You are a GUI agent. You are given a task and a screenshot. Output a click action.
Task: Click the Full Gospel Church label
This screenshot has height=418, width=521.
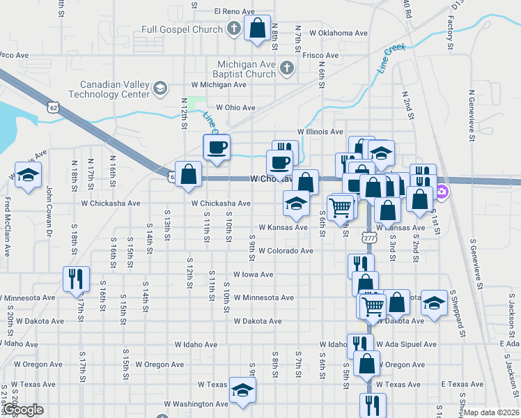pos(181,29)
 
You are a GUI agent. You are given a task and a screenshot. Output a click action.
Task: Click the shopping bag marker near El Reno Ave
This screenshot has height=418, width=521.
pos(257,29)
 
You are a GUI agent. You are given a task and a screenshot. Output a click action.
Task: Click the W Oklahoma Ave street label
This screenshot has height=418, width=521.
pos(339,33)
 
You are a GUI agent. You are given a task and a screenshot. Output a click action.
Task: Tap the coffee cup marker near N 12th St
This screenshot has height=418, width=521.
pos(216,147)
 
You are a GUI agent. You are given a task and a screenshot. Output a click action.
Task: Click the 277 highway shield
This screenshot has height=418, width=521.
pos(369,238)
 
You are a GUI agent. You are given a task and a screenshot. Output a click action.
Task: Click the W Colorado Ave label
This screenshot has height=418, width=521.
pos(286,251)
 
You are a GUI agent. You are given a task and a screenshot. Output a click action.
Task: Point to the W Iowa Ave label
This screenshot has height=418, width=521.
pos(253,274)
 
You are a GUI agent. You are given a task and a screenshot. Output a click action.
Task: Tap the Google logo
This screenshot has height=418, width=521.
pos(22,410)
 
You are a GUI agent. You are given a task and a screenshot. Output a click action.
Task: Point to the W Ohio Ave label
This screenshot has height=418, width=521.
pos(235,108)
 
